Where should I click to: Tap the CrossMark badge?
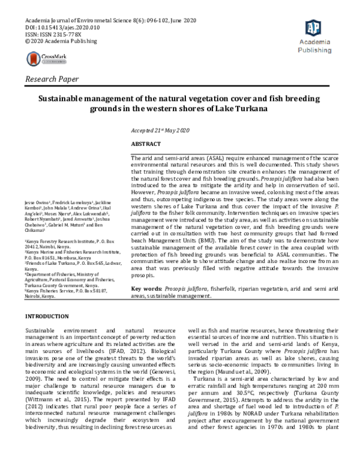click(x=47, y=58)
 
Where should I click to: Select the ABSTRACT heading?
click(x=146, y=144)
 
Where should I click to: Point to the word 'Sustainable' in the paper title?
click(x=64, y=98)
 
